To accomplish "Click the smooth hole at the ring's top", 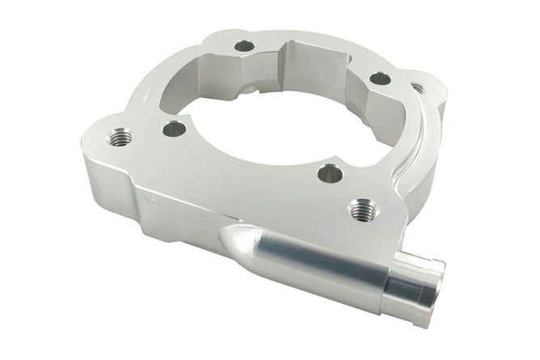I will coord(244,46).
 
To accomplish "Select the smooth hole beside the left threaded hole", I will coord(172,127).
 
